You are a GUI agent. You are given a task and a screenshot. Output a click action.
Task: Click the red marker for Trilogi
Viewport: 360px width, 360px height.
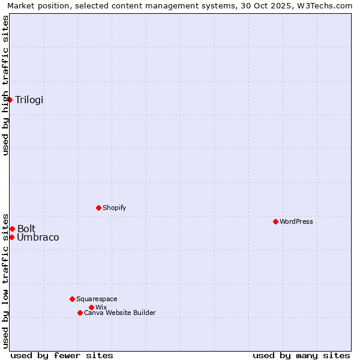click(10, 100)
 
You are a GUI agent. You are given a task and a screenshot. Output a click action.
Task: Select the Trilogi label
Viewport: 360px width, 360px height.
click(29, 100)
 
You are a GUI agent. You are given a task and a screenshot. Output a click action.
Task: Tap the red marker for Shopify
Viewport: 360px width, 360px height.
click(98, 208)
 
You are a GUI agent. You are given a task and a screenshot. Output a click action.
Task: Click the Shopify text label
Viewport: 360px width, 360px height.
click(114, 208)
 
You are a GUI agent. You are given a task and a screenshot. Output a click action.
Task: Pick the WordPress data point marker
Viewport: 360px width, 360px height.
click(275, 221)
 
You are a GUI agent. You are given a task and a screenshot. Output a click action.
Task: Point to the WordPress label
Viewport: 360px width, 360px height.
click(296, 222)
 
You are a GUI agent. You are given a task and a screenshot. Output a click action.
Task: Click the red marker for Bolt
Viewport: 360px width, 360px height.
click(12, 229)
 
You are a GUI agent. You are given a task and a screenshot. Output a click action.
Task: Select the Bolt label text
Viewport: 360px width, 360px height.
click(26, 229)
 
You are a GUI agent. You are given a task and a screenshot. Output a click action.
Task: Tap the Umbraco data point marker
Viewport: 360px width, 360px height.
click(11, 237)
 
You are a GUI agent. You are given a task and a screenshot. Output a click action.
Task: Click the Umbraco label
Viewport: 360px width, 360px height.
click(38, 238)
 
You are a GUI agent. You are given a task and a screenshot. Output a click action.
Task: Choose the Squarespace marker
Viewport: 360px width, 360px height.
click(72, 299)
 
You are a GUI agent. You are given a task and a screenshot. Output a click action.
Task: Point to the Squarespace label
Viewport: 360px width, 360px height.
click(97, 299)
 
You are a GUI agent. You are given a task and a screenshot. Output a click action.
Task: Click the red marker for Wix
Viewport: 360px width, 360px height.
click(91, 307)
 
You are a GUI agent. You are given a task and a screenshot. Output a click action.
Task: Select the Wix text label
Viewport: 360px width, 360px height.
click(101, 308)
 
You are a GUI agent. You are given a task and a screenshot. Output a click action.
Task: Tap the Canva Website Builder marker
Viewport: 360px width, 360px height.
click(80, 313)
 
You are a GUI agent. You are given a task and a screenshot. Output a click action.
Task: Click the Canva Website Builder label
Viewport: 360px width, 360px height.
click(119, 313)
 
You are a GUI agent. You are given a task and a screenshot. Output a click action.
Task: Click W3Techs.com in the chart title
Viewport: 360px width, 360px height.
click(325, 5)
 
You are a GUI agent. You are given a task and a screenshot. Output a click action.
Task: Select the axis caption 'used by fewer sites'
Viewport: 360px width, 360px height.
click(62, 355)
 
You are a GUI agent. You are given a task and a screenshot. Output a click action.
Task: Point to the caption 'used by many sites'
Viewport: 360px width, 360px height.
click(301, 355)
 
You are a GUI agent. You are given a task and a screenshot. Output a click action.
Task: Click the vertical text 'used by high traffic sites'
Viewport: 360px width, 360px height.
click(5, 85)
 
